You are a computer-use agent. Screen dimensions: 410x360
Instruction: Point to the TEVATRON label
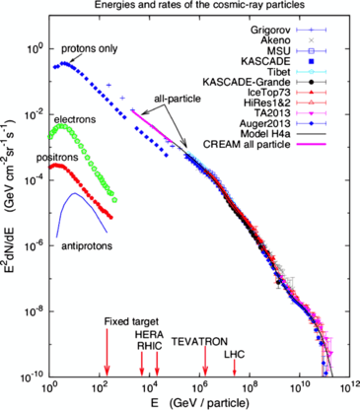[x=199, y=340]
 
